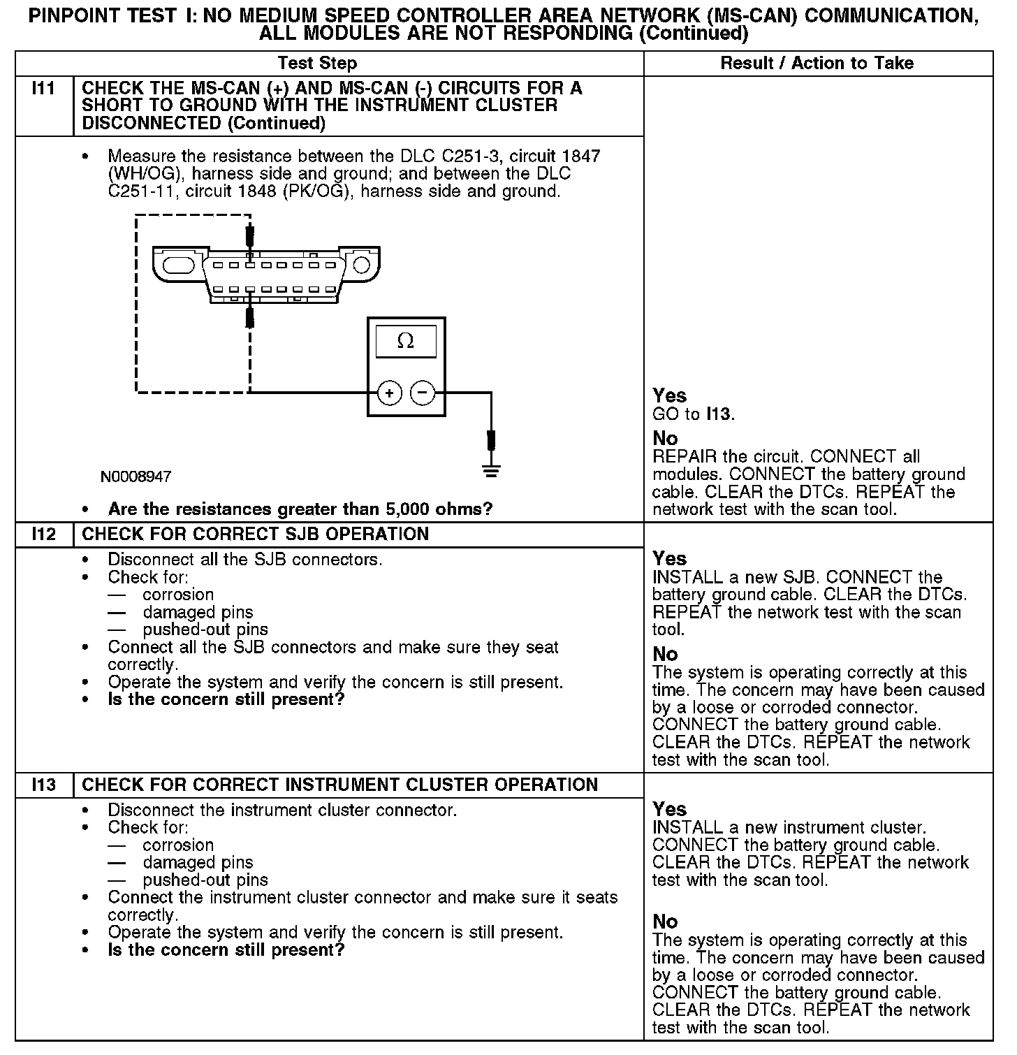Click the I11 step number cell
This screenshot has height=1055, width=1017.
tap(44, 89)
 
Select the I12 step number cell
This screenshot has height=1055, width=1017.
tap(44, 534)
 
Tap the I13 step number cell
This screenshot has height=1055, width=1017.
tap(44, 785)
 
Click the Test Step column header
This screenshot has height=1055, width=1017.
tap(317, 64)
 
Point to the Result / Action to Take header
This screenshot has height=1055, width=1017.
tap(817, 64)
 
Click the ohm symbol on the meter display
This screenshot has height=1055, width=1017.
tap(405, 341)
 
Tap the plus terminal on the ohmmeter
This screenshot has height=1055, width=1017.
tap(389, 394)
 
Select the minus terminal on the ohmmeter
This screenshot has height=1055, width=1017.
tap(422, 394)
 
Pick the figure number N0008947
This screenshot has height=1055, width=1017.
tap(136, 476)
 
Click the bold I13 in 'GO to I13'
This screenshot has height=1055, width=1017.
tap(718, 414)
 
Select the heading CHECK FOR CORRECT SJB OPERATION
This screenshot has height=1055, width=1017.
tap(255, 534)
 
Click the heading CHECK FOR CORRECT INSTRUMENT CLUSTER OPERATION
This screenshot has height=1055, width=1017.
tap(339, 785)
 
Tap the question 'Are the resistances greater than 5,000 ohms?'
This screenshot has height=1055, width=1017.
tap(300, 509)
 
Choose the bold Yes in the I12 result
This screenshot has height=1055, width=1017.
tap(669, 559)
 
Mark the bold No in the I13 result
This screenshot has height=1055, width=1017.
tap(665, 922)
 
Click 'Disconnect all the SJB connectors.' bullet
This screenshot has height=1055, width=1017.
tap(244, 560)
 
